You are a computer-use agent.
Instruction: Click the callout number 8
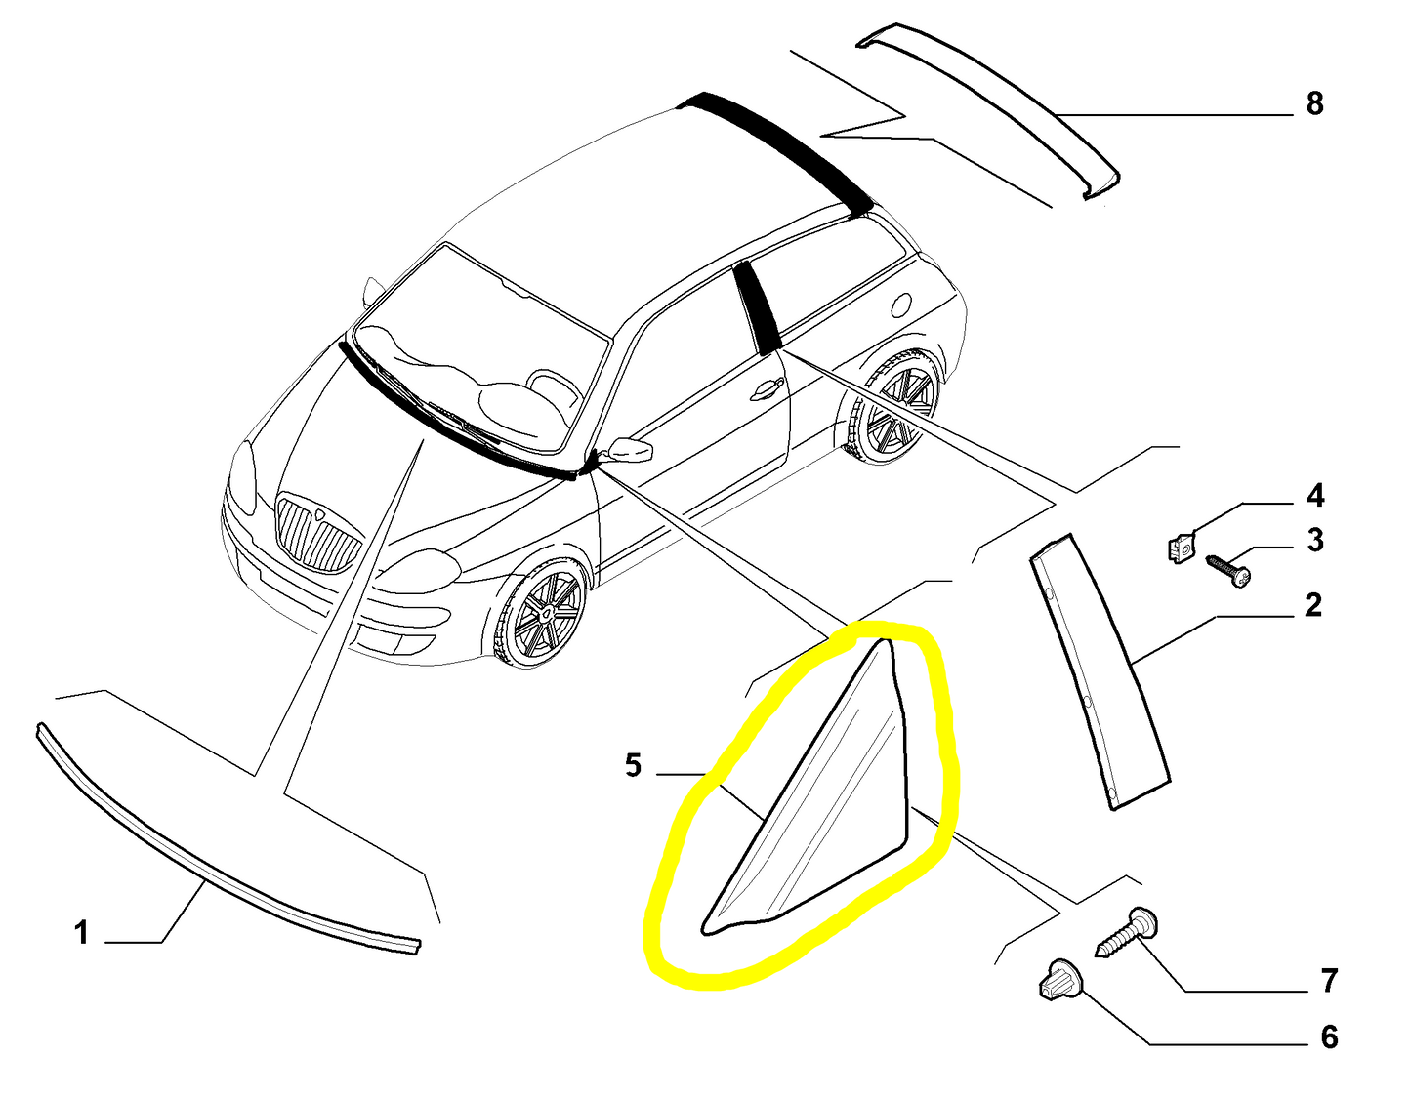(1314, 103)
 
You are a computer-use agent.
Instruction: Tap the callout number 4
(1315, 495)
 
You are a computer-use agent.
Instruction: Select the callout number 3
(1315, 540)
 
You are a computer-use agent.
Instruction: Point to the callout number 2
(1313, 604)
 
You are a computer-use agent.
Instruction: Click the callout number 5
(633, 765)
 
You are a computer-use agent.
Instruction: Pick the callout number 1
(81, 933)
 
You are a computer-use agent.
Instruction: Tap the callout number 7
(1329, 981)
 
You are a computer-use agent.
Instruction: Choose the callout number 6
(1329, 1037)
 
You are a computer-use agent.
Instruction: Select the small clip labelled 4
(1180, 548)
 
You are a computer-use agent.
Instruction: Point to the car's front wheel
(538, 612)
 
